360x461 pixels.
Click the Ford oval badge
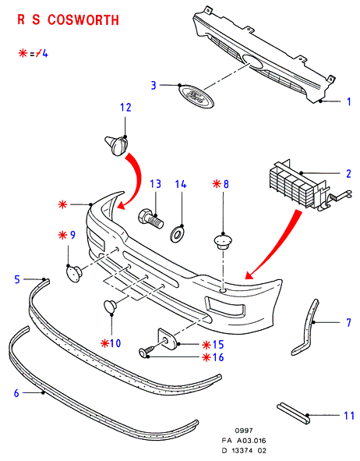coord(196,97)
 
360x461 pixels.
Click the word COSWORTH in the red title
coord(83,20)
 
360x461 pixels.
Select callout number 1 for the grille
coord(348,101)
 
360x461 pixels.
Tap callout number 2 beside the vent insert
coord(348,174)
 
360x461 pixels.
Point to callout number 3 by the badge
coord(154,85)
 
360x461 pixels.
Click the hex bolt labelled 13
coord(150,219)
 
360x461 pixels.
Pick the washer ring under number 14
coord(178,234)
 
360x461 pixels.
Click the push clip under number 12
coord(117,145)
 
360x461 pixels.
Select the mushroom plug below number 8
coord(223,241)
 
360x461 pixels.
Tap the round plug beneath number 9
coord(74,274)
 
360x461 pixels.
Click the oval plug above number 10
coord(111,306)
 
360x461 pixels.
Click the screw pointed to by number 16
coord(146,351)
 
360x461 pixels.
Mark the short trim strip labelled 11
coord(294,413)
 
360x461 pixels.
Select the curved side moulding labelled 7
coord(305,327)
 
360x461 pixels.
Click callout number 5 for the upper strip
coord(17,279)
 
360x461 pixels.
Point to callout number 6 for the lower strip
coord(16,393)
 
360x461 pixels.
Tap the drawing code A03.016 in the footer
coord(252,441)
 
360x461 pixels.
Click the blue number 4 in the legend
coord(44,54)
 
